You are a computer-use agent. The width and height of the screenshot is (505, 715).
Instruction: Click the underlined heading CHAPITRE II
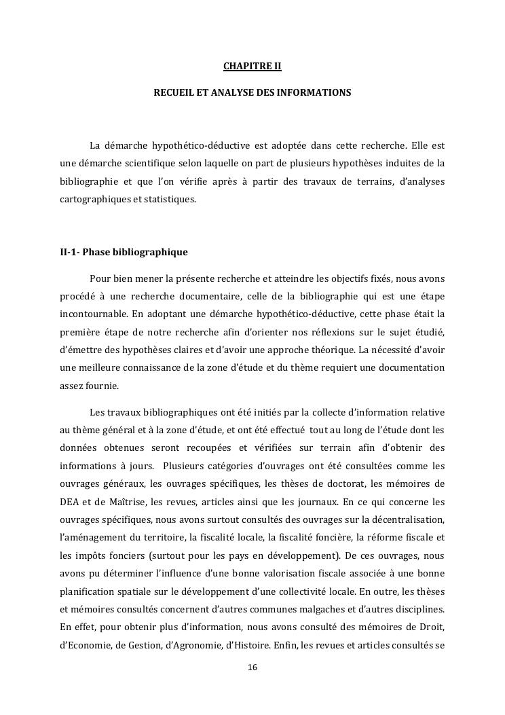click(252, 67)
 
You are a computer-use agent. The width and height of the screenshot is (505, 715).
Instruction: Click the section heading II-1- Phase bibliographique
click(124, 252)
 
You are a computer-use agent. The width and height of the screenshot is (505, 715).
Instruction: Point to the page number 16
click(252, 668)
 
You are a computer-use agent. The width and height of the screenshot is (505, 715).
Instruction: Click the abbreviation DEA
click(71, 502)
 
